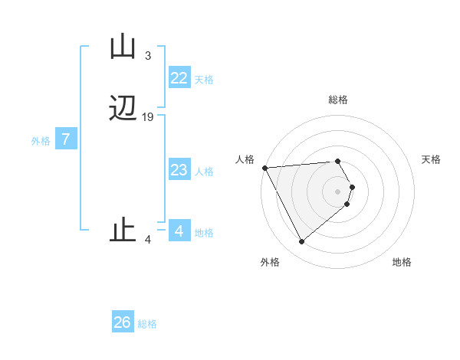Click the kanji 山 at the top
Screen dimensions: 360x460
[123, 47]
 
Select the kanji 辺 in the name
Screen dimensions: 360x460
[123, 109]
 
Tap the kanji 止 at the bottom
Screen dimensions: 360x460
[123, 229]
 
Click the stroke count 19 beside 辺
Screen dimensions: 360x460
[148, 117]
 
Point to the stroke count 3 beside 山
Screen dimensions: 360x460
[148, 56]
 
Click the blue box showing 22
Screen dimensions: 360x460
[179, 78]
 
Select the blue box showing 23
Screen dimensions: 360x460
[179, 170]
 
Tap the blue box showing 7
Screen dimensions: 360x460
[66, 140]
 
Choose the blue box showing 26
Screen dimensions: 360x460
[123, 322]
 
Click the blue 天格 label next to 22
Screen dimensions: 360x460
[204, 80]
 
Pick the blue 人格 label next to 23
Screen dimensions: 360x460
[204, 172]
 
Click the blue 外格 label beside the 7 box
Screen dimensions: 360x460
[41, 141]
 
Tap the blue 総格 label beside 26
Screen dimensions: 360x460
[148, 324]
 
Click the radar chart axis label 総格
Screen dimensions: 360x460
[338, 100]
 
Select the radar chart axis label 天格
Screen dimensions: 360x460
[432, 159]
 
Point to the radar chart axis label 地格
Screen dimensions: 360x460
[402, 262]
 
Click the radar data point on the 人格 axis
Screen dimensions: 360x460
[264, 168]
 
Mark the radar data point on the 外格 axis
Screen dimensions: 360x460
[302, 242]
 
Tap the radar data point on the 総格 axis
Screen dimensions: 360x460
[338, 162]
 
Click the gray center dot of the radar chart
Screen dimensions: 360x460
[338, 191]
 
